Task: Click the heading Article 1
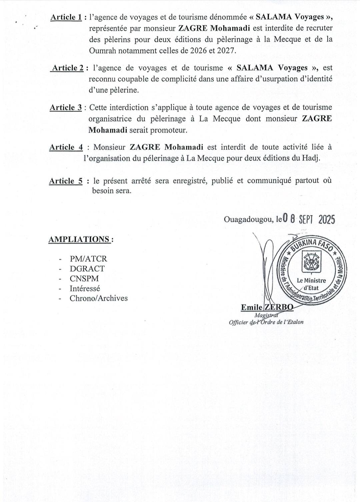[x=66, y=18]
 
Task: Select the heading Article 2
[x=68, y=68]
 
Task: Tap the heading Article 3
[x=66, y=108]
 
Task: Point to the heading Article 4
[x=66, y=147]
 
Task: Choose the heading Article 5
[x=66, y=181]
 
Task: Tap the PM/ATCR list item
[x=88, y=259]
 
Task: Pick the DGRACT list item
[x=87, y=269]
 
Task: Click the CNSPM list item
[x=84, y=278]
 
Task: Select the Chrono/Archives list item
[x=98, y=298]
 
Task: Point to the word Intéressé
[x=85, y=288]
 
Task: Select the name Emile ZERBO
[x=267, y=307]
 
